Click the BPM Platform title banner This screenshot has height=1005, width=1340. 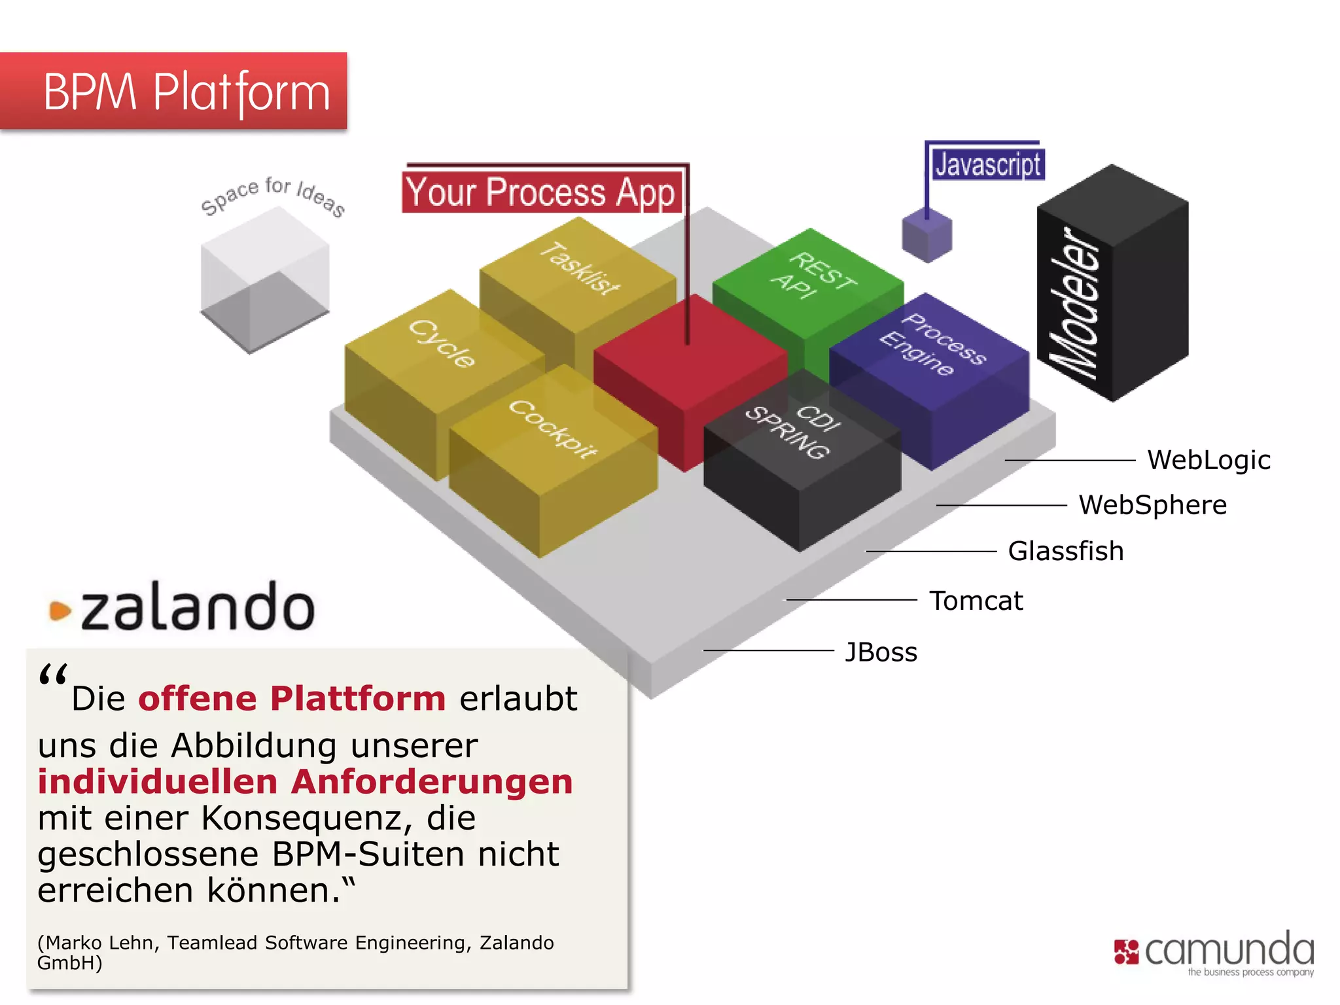(x=173, y=92)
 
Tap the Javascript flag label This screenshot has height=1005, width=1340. (x=987, y=164)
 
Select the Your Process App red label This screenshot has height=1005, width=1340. (x=540, y=192)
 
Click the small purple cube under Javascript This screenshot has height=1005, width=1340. (x=926, y=236)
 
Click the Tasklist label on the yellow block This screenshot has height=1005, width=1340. (x=579, y=268)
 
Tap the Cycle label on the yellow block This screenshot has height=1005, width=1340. (x=442, y=344)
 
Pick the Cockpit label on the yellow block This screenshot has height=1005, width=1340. (x=553, y=429)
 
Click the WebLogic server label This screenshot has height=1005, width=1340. (x=1208, y=460)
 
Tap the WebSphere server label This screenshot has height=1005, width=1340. (x=1152, y=505)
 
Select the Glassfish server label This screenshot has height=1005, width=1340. (x=1065, y=551)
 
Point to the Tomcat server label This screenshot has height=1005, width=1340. (x=976, y=601)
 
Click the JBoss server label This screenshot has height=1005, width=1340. (x=881, y=652)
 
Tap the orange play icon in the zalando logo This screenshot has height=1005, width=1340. (x=60, y=610)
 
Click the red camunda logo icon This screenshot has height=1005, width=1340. (x=1126, y=952)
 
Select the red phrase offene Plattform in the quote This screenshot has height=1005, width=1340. (x=292, y=698)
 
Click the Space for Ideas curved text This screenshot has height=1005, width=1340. (x=273, y=195)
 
